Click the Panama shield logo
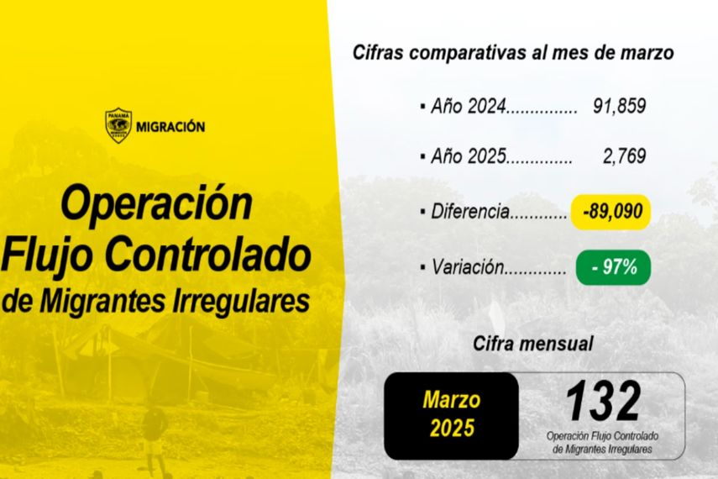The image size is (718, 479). point(118,125)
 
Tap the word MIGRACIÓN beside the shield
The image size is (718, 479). point(170,127)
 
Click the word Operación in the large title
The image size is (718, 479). point(156,203)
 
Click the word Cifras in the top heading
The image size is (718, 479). point(378,52)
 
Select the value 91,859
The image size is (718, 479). point(619,106)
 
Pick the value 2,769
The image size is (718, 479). point(624,156)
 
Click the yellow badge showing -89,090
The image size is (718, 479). point(611,212)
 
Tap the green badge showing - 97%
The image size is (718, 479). point(613,267)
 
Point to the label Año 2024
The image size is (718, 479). point(469,107)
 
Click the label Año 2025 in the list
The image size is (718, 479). point(469,156)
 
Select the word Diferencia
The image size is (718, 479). point(470,212)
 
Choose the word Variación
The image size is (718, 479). point(468,267)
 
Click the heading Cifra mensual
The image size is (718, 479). point(533,344)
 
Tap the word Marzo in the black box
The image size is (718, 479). point(452,400)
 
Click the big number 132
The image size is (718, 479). point(603,402)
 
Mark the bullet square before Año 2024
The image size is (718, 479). point(422,107)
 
